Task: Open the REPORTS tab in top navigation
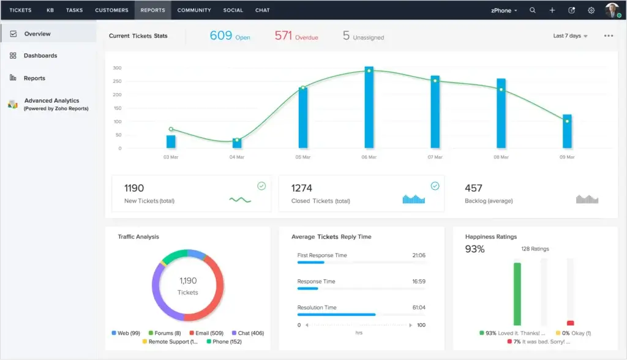click(152, 10)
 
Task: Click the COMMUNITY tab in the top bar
click(194, 10)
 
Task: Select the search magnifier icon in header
click(533, 10)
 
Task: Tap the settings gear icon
click(591, 10)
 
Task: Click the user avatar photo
click(612, 10)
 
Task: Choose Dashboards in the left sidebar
click(40, 56)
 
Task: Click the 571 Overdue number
click(283, 36)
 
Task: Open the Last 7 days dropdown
click(570, 36)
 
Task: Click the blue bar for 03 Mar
click(171, 141)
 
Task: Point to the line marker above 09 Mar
click(567, 121)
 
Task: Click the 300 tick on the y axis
click(116, 68)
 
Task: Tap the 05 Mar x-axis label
click(302, 157)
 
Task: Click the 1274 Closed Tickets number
click(301, 188)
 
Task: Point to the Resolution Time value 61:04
click(418, 307)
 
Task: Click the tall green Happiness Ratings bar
click(517, 294)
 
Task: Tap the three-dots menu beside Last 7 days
click(608, 36)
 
